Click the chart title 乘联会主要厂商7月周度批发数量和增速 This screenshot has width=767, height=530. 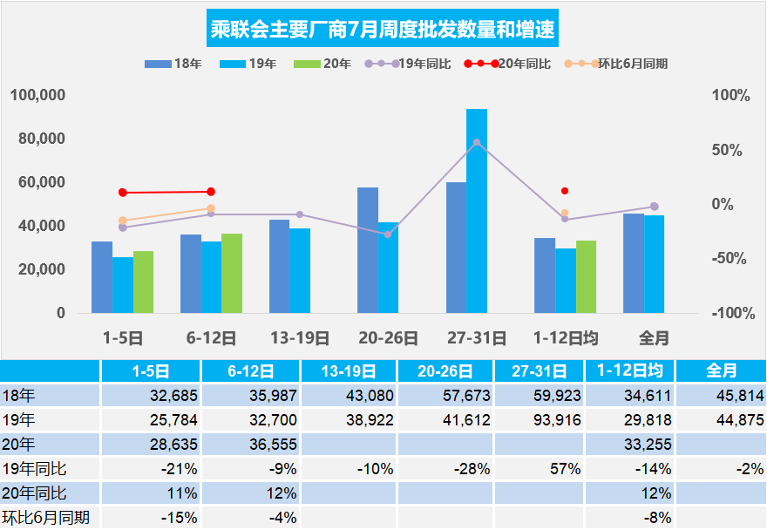383,31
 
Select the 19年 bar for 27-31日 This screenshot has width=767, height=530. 477,211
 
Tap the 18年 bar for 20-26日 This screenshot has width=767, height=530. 368,250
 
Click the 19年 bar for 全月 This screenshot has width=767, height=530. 654,264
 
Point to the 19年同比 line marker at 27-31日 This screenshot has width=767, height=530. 476,142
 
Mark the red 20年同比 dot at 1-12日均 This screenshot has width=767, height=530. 565,190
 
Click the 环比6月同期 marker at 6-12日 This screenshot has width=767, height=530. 211,208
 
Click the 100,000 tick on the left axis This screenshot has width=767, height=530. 37,95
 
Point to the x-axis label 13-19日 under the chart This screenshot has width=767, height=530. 299,337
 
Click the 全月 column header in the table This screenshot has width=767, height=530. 719,370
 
